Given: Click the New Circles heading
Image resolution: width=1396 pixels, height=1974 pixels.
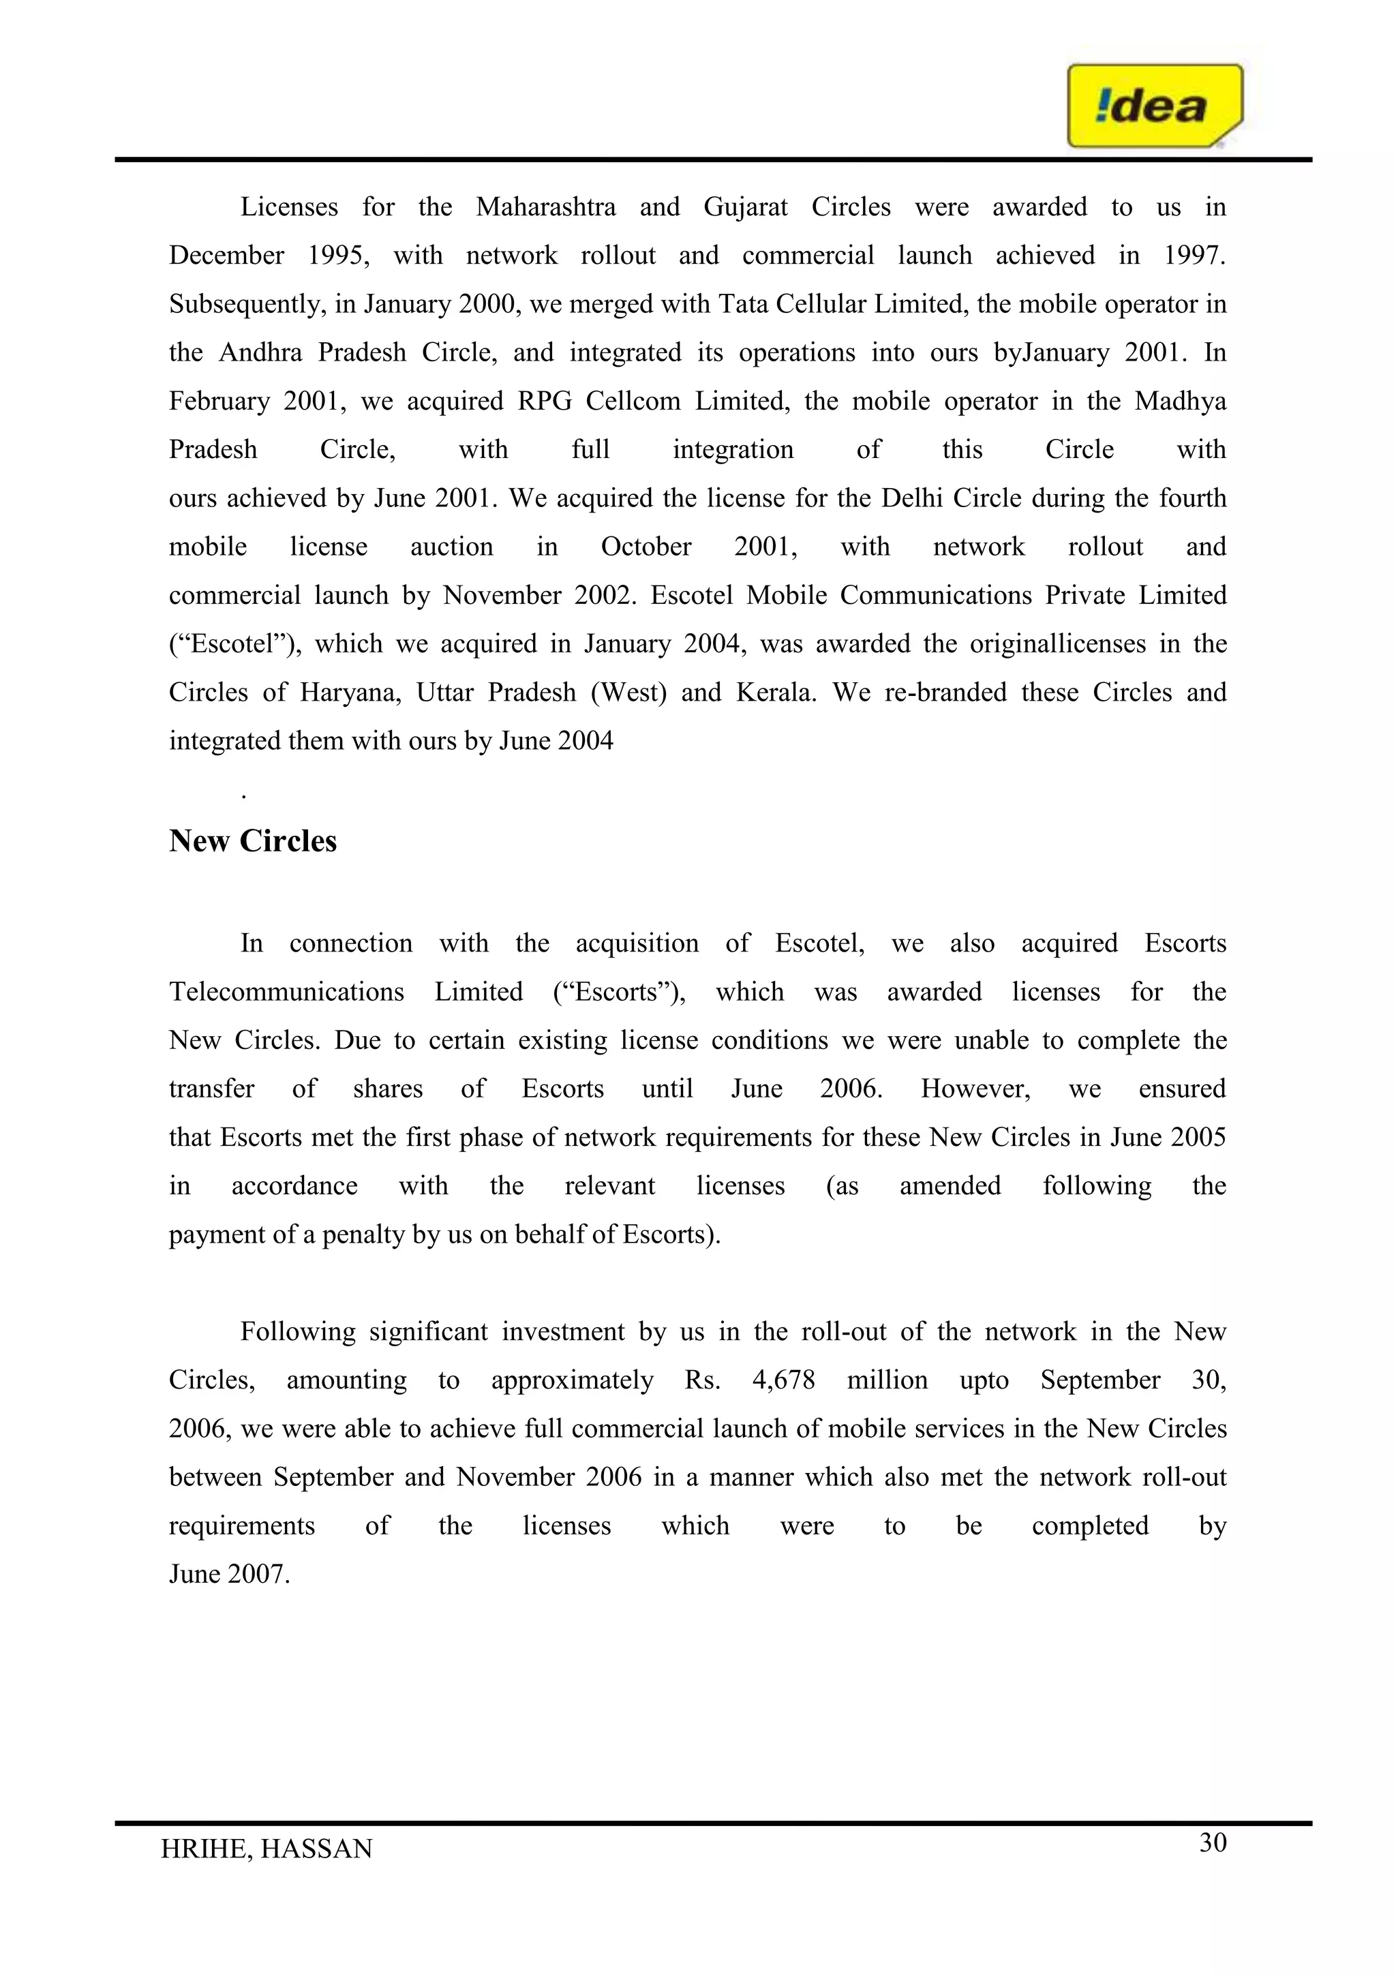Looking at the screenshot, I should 253,841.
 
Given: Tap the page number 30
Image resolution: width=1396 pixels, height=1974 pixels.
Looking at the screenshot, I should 1212,1842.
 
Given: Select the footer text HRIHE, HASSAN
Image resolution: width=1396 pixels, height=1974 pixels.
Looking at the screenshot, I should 267,1849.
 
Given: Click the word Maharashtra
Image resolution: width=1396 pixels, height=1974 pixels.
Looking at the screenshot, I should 546,207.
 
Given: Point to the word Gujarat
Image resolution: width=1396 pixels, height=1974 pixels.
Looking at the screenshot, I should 745,207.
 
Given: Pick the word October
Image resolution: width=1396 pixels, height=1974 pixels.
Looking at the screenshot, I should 646,547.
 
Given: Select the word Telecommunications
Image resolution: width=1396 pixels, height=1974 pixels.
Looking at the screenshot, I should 286,992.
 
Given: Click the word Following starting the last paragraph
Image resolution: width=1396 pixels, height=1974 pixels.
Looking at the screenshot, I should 297,1332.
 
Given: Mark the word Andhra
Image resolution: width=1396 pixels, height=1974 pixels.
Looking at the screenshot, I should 260,352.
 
